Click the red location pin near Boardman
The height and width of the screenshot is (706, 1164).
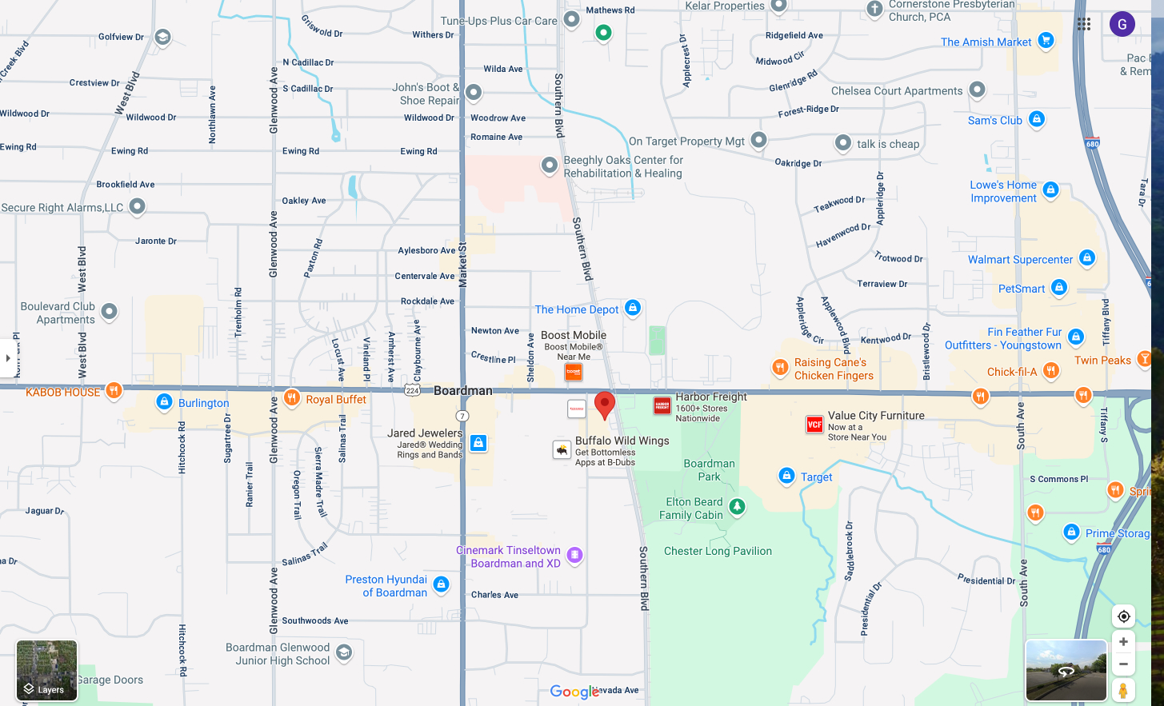[x=605, y=404]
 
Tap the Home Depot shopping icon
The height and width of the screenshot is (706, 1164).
[x=633, y=308]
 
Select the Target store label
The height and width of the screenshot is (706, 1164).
[x=816, y=477]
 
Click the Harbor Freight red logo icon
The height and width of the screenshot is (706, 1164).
[x=662, y=406]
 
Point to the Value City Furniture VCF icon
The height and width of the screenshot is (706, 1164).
[x=814, y=425]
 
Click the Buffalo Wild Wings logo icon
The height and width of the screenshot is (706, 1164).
[x=562, y=450]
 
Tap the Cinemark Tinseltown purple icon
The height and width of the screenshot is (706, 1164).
[x=574, y=555]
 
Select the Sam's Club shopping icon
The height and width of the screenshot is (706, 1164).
[x=1037, y=119]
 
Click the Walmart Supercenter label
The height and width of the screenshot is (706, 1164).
[x=1020, y=260]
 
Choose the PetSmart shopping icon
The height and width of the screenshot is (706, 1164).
[x=1059, y=287]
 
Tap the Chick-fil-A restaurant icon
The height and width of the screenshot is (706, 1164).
[x=1051, y=370]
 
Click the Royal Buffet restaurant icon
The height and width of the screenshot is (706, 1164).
[x=292, y=398]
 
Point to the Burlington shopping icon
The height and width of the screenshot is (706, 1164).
[x=164, y=401]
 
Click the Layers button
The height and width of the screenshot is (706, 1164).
[x=47, y=671]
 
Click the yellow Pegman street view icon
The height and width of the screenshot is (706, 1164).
[x=1123, y=690]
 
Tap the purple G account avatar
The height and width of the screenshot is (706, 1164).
[x=1122, y=24]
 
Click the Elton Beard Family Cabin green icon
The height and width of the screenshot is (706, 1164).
[x=738, y=506]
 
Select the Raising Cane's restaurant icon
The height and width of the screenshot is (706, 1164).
[x=780, y=367]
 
